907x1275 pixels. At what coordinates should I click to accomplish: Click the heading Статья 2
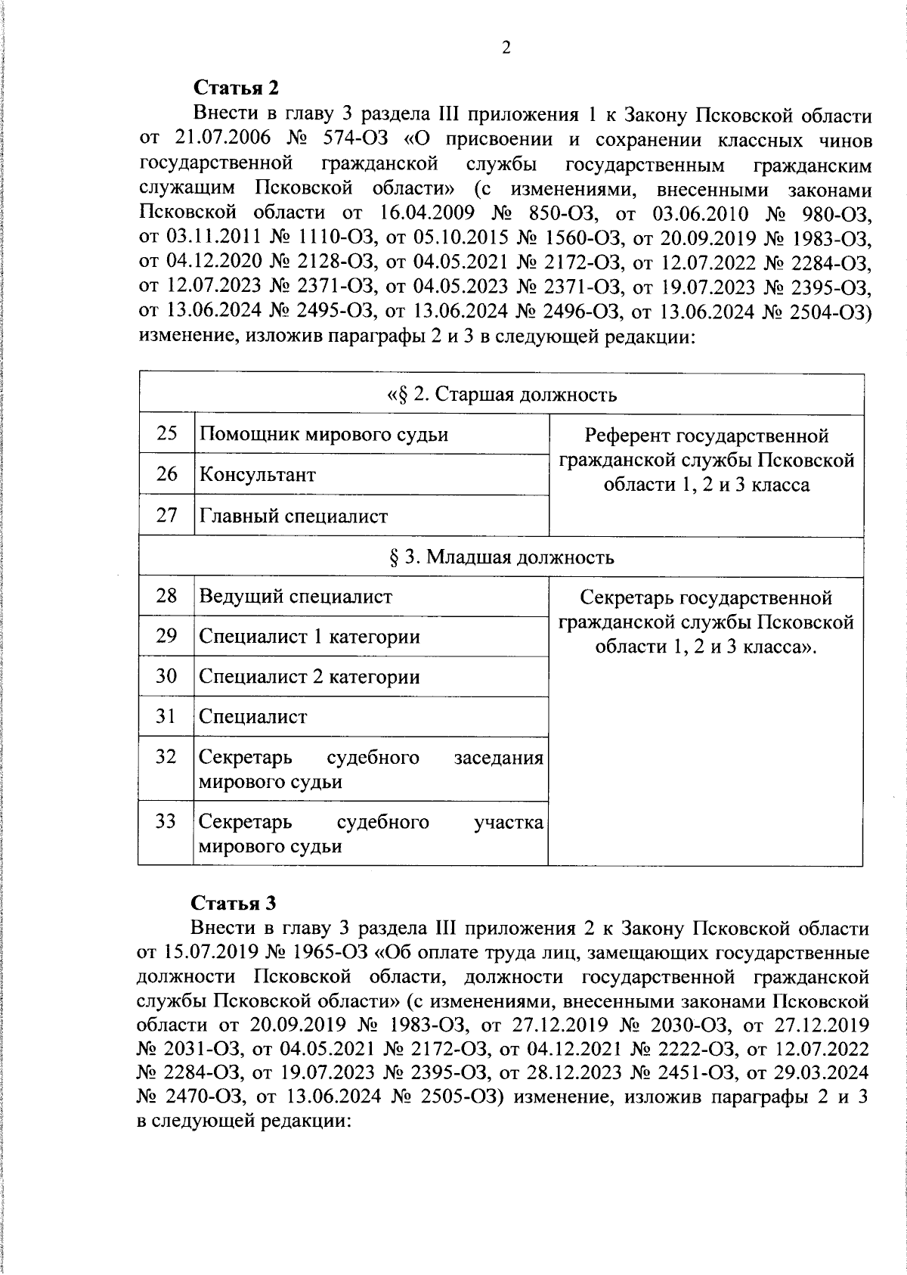(x=237, y=88)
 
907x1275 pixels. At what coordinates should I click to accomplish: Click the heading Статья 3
(x=234, y=903)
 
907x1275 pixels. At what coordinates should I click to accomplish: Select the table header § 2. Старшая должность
(x=502, y=394)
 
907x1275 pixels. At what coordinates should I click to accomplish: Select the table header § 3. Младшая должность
(x=500, y=557)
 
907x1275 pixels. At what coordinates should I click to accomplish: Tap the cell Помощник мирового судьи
(x=323, y=434)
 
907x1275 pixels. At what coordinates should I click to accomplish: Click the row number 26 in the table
(x=166, y=474)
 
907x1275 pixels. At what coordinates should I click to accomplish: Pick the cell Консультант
(x=257, y=475)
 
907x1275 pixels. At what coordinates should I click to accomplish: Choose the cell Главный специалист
(x=293, y=516)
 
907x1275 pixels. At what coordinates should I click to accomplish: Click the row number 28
(x=166, y=596)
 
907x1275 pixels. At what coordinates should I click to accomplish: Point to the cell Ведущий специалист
(x=296, y=596)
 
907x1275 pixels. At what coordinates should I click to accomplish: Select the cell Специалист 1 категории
(x=309, y=636)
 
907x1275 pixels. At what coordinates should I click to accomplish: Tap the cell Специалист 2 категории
(x=309, y=676)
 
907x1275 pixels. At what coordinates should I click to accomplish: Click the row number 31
(x=166, y=715)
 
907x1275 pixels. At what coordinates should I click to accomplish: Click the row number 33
(x=166, y=821)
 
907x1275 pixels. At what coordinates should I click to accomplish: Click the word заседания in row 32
(x=498, y=758)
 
